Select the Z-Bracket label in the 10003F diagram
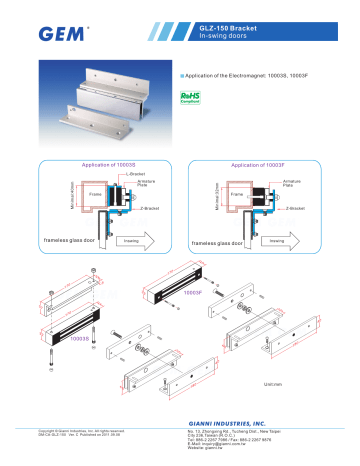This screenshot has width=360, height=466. click(x=299, y=208)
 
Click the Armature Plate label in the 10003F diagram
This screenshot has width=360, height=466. click(x=294, y=182)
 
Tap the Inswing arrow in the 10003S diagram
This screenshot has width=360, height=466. click(x=131, y=240)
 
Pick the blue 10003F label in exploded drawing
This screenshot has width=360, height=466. click(x=194, y=294)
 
